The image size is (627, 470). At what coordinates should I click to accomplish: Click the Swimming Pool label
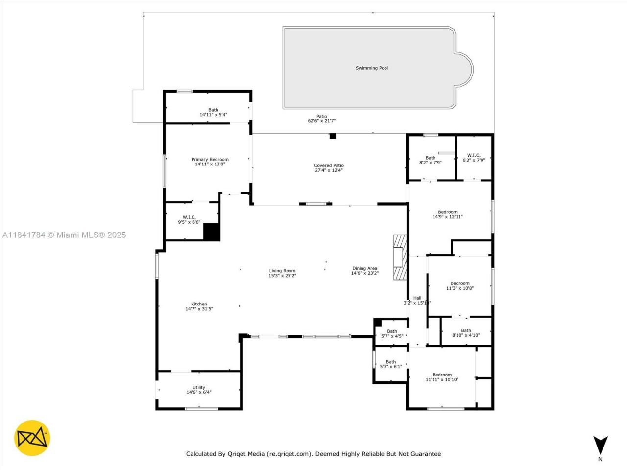(371, 68)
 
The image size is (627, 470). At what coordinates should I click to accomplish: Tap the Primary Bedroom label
(210, 159)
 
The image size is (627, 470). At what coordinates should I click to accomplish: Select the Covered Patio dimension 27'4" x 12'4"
(329, 170)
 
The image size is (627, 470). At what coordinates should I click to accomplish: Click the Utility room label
(199, 387)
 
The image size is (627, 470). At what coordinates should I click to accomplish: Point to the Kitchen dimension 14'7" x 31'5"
(199, 309)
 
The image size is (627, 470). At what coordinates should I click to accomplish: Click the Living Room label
(282, 271)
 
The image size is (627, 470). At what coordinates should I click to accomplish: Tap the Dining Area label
(364, 268)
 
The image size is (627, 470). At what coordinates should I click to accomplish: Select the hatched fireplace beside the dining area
(400, 258)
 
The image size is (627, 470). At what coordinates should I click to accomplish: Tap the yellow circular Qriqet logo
(32, 438)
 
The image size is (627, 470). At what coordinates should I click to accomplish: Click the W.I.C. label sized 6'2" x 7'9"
(474, 155)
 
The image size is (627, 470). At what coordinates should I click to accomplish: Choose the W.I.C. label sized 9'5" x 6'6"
(189, 217)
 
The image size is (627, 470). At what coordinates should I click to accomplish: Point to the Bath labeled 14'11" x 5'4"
(213, 110)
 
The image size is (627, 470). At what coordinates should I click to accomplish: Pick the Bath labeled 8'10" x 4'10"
(466, 330)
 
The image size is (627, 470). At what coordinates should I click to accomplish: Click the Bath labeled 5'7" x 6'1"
(390, 362)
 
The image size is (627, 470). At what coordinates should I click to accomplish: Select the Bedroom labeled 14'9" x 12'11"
(447, 212)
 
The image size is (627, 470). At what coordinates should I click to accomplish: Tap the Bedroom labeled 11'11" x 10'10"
(442, 375)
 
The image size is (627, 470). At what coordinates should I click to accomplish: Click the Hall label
(417, 298)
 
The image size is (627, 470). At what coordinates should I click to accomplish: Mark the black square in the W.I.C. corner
(212, 232)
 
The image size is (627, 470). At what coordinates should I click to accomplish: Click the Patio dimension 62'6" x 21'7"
(321, 121)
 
